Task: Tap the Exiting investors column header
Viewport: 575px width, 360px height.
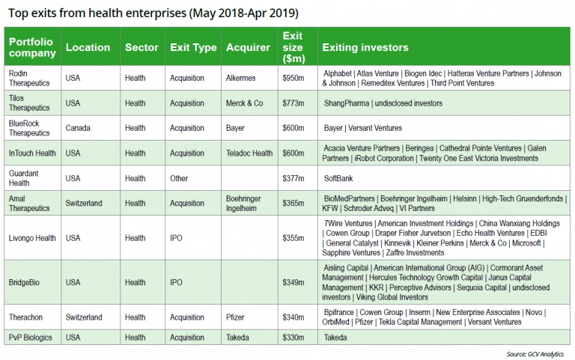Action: (365, 47)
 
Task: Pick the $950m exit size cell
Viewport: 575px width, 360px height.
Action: (292, 78)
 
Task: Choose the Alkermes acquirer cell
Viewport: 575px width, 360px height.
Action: (240, 78)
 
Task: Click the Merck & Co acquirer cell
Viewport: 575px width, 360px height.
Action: (244, 103)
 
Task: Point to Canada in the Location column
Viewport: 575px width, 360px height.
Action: (78, 128)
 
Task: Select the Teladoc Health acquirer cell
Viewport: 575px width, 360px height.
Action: (249, 153)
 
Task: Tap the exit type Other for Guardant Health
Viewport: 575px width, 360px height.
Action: (180, 178)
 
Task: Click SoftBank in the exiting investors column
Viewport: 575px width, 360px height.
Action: (339, 178)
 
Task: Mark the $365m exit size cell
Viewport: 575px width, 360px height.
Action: (292, 203)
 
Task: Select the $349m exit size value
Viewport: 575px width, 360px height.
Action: (292, 282)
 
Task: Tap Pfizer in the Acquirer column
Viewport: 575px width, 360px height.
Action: (236, 317)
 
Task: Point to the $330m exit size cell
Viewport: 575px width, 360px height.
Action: (292, 338)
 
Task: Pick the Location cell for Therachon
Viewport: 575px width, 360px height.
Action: (84, 317)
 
